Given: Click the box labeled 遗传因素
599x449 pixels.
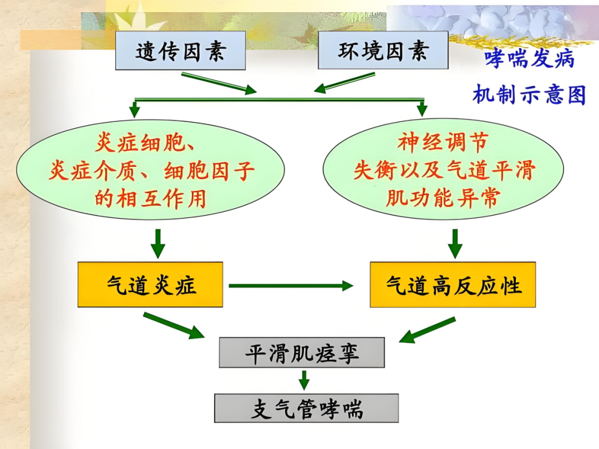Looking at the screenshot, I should coord(180,51).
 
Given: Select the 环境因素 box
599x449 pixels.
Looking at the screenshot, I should coord(383,50).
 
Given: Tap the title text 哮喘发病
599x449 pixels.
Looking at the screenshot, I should coord(529,59).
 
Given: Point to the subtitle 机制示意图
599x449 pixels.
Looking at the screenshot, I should coord(529,95).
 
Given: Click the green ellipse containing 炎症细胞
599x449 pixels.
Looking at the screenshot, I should coord(150,170).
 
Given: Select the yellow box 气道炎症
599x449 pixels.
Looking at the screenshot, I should coord(150,285).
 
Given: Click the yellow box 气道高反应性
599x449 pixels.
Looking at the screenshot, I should coord(453,285).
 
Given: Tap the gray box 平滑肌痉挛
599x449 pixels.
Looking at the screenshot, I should coord(302,353).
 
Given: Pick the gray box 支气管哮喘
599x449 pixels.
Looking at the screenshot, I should coord(307,409).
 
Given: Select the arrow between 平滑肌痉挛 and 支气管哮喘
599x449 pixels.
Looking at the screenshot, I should coord(303,380).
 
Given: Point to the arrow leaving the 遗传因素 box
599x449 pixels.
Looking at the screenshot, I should coord(219,83).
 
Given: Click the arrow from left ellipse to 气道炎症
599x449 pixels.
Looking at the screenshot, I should coord(158,242).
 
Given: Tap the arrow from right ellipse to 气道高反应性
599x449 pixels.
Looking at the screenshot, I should coord(455,242).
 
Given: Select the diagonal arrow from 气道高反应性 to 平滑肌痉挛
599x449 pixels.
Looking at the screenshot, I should coord(427,330).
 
